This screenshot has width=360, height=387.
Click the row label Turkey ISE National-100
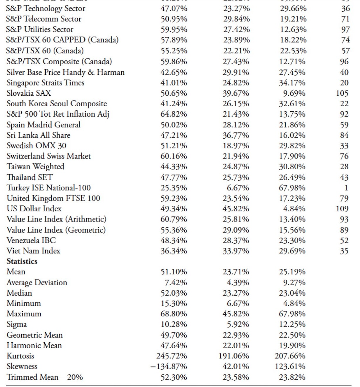pos(48,188)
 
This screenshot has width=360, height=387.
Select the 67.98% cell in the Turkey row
pos(292,188)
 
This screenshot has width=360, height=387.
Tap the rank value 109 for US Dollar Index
pos(342,209)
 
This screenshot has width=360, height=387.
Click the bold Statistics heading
pos(22,261)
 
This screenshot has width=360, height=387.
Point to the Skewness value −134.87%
pos(169,366)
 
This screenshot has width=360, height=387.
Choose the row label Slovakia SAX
pos(29,93)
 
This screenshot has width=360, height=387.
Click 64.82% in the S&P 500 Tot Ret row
pos(174,114)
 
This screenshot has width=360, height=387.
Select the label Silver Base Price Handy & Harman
pos(65,72)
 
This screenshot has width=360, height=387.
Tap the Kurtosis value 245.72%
pos(172,356)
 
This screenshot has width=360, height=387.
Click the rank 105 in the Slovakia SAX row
pos(342,93)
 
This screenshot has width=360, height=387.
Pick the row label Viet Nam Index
pos(33,251)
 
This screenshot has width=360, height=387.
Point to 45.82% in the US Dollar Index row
pos(236,209)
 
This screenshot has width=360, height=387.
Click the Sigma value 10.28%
pos(174,324)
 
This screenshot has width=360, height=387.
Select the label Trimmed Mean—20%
pos(45,377)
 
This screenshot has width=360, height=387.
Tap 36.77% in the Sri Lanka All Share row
pos(236,135)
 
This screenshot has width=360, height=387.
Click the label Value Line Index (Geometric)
pos(56,230)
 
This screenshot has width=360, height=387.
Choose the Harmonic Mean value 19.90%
pos(292,346)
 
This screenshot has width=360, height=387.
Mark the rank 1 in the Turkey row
pos(346,188)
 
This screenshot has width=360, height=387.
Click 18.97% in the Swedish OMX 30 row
pos(236,146)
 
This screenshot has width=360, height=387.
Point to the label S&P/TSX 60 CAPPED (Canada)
pos(62,40)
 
